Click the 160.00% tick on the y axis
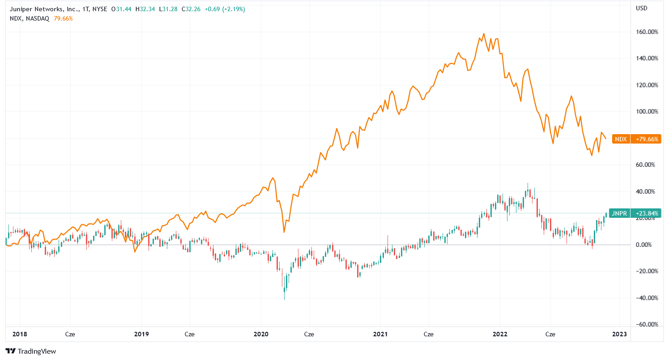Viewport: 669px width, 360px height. (x=645, y=32)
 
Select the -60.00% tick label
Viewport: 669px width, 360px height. (x=645, y=324)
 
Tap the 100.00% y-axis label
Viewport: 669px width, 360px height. (x=645, y=111)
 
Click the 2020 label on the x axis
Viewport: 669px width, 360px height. (x=260, y=334)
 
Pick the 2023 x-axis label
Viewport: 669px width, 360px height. (x=619, y=334)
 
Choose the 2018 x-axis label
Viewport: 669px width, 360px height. (x=20, y=334)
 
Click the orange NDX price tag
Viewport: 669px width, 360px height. (x=621, y=139)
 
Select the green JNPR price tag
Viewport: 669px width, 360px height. (x=619, y=214)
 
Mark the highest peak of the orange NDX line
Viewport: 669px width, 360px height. (x=484, y=34)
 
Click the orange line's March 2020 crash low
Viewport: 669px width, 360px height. (x=284, y=232)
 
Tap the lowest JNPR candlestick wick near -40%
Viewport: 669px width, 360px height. (x=285, y=299)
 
